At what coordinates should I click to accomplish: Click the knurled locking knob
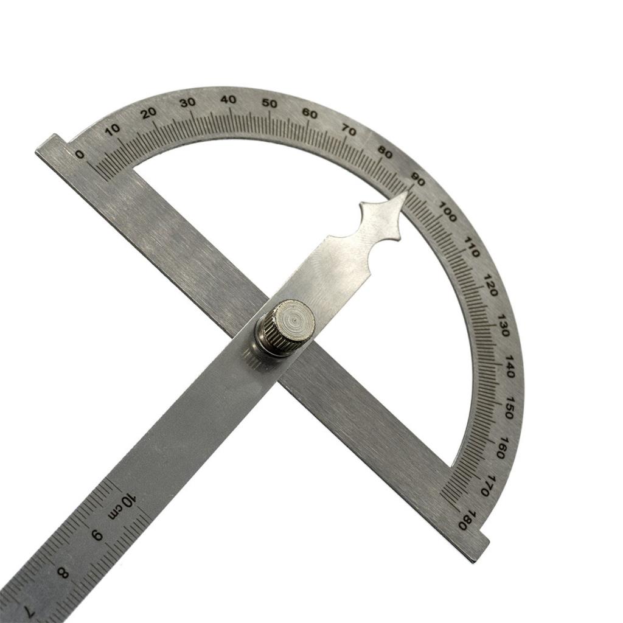[x=286, y=327]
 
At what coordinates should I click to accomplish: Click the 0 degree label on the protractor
[x=80, y=155]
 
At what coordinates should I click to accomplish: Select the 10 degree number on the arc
[x=112, y=128]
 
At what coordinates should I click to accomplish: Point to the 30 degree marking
[x=187, y=102]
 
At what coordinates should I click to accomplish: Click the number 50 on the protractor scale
[x=269, y=103]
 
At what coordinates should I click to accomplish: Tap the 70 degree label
[x=349, y=130]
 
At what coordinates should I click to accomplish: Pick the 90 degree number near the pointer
[x=418, y=178]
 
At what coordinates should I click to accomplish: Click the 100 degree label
[x=447, y=214]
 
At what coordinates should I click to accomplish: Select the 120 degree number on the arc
[x=491, y=284]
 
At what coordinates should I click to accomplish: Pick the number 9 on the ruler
[x=97, y=535]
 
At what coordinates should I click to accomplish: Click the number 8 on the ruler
[x=62, y=572]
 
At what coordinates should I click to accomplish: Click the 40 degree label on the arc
[x=228, y=99]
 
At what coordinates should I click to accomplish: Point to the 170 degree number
[x=486, y=485]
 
